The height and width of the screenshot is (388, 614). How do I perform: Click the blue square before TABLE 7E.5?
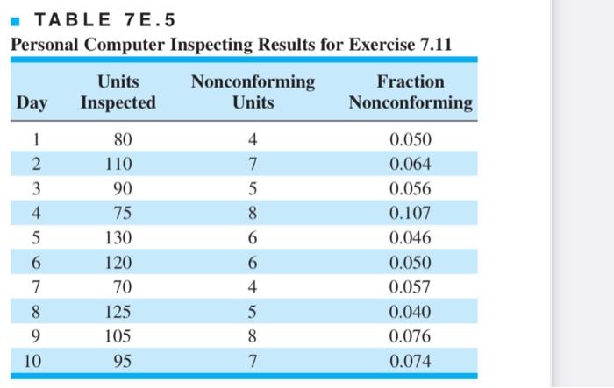click(x=15, y=21)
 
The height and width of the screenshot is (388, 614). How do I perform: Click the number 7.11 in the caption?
click(x=436, y=44)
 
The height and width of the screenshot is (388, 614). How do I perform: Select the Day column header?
click(x=32, y=102)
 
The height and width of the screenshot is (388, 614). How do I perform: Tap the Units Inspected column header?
click(x=118, y=92)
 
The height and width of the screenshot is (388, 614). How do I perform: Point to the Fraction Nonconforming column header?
click(x=411, y=92)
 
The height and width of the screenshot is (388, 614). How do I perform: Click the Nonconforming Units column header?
click(x=253, y=92)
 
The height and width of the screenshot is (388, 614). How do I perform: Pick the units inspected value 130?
click(x=118, y=238)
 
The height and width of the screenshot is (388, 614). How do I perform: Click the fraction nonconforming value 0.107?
click(x=410, y=213)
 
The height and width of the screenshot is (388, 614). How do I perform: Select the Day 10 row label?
click(x=32, y=361)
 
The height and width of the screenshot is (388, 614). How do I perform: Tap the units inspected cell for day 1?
click(x=123, y=139)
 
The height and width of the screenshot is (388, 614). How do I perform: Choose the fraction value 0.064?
click(x=410, y=164)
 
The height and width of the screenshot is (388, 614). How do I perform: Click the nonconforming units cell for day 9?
click(x=253, y=336)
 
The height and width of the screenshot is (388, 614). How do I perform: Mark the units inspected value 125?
click(x=118, y=312)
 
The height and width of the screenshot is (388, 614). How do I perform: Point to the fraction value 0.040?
click(x=410, y=312)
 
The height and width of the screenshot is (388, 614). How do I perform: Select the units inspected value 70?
click(x=123, y=287)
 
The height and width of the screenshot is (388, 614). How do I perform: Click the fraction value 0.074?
click(x=410, y=361)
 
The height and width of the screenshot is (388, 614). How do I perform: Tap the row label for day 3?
click(x=36, y=188)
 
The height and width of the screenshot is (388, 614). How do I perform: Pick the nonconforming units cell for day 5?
click(x=253, y=238)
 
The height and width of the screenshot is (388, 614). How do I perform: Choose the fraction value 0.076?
click(x=410, y=336)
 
